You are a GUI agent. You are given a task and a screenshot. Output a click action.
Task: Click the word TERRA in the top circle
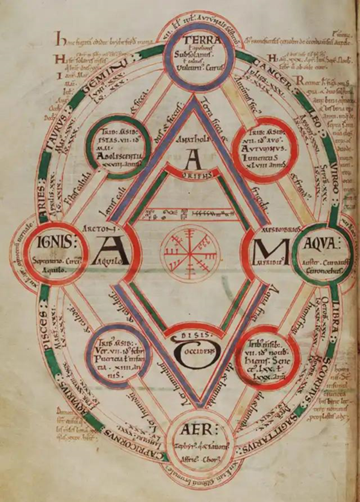(x=202, y=38)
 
